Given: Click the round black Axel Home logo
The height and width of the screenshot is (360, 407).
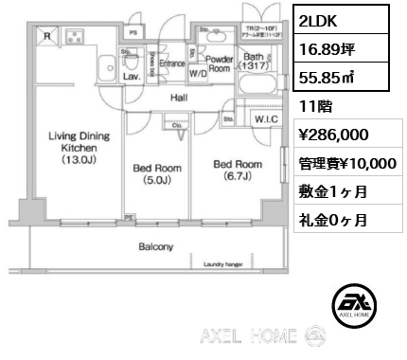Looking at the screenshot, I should [353, 305].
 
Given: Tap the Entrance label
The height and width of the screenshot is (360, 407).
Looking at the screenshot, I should [172, 63].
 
